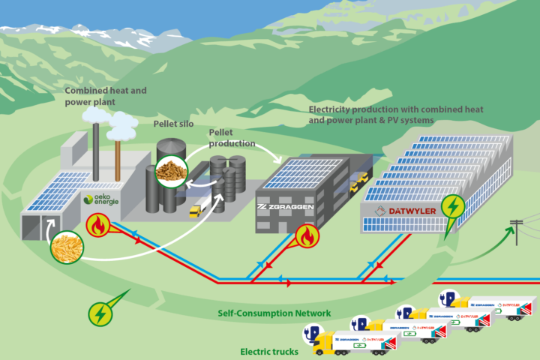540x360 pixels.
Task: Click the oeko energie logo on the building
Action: click(x=102, y=199)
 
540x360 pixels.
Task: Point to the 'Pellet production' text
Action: click(x=232, y=137)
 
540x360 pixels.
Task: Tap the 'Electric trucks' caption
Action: click(x=269, y=351)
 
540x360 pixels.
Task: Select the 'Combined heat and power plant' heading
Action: click(x=106, y=96)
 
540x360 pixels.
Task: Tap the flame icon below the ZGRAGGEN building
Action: click(x=305, y=236)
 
